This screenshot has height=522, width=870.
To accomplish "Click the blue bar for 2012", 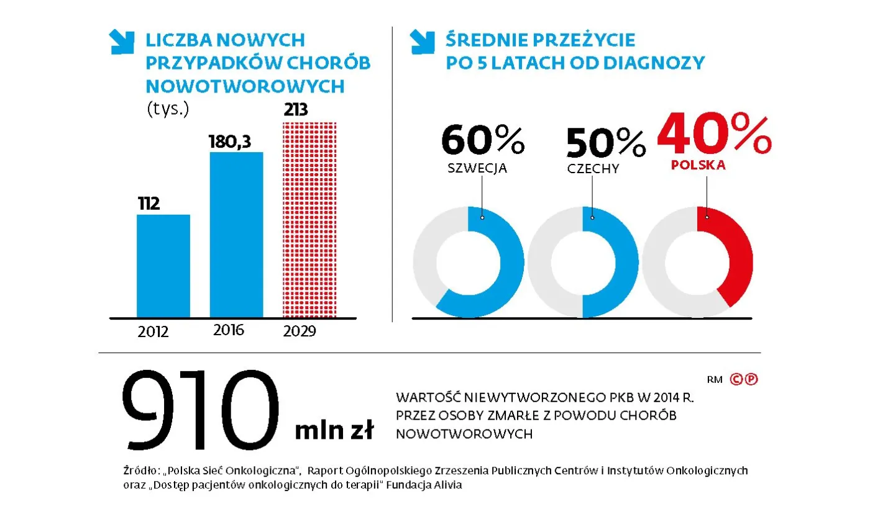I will pos(163,266).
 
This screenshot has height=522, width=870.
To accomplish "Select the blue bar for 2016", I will pos(236,235).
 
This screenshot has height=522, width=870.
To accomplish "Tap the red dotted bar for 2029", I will pos(309,219).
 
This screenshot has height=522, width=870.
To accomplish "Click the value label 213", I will pos(296,110).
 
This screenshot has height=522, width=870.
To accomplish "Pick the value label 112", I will pos(149,204).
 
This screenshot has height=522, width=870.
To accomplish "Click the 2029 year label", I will pos(300,331).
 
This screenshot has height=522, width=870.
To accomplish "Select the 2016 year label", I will pos(229,330).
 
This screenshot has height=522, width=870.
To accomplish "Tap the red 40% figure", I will pos(713,133).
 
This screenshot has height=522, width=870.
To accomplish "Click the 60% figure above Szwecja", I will pos(483,142).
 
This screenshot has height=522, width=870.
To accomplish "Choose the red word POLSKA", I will pos(698,166).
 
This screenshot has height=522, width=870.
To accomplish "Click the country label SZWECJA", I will pos(477,168).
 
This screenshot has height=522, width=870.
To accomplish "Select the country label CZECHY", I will pos(593,169).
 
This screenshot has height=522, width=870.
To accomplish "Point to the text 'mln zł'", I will pos(334,430).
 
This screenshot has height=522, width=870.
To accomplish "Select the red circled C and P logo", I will pos(744,379).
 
